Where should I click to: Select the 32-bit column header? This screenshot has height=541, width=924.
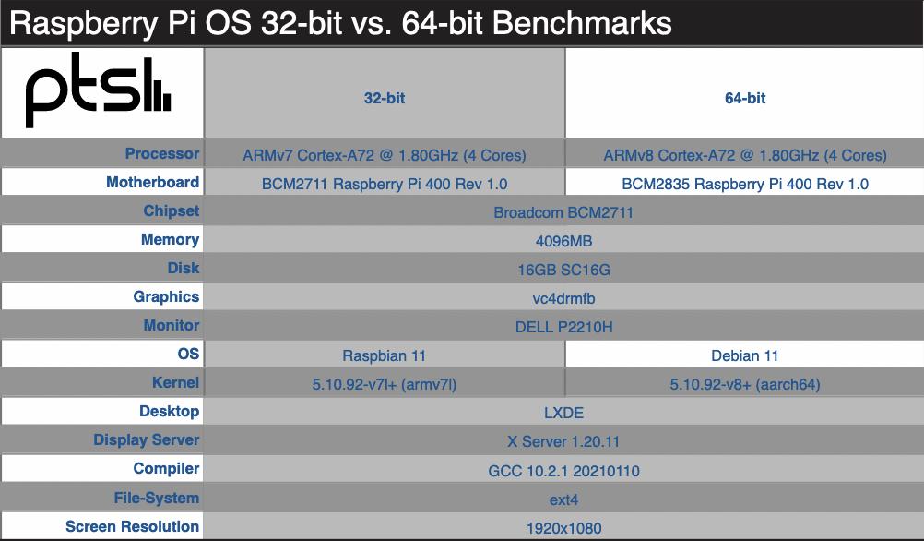[x=385, y=98]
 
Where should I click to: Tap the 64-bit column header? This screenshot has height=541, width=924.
[x=745, y=98]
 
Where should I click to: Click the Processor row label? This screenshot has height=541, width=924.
[x=162, y=153]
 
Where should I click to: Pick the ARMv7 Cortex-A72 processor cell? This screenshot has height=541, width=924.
[x=385, y=155]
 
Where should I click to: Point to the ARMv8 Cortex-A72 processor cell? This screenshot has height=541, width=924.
[x=745, y=155]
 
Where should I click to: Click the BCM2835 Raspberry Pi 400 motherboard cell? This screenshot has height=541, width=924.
[x=745, y=184]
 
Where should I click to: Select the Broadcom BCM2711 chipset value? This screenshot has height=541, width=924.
[x=563, y=212]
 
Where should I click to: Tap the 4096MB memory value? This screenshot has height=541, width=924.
[x=563, y=241]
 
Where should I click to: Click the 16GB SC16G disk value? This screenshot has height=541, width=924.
[x=563, y=270]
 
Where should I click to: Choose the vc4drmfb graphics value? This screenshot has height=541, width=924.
[x=563, y=298]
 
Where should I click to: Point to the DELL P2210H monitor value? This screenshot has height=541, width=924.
[x=563, y=327]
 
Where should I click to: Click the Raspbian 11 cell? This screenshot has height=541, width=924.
[x=385, y=355]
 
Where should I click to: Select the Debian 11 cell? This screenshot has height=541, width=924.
[x=745, y=355]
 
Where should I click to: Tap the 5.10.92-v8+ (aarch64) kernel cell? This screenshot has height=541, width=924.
[x=745, y=385]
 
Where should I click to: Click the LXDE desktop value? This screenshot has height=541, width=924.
[x=563, y=413]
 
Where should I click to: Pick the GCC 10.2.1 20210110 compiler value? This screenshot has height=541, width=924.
[x=563, y=471]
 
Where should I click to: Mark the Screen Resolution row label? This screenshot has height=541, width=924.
[x=132, y=526]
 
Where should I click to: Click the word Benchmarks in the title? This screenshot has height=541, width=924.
[x=582, y=24]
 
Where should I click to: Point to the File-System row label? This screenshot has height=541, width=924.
[x=156, y=498]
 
